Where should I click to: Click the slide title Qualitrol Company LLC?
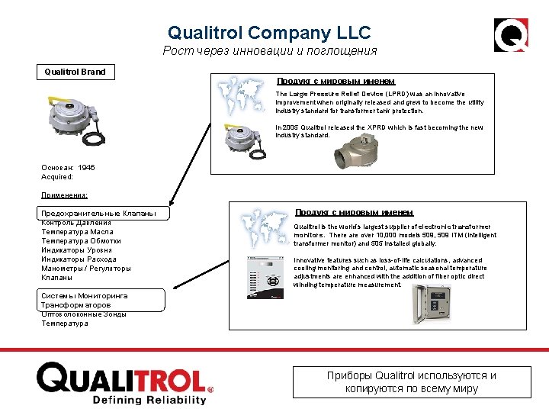(269, 33)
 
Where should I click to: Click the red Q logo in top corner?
(510, 35)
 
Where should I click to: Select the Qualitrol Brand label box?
(75, 72)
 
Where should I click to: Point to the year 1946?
(86, 167)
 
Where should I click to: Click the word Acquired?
(56, 176)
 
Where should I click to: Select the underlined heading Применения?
(65, 195)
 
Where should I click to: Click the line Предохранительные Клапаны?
(98, 214)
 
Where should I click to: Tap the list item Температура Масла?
(77, 232)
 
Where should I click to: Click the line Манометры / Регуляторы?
(86, 269)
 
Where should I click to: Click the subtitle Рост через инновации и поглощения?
(269, 51)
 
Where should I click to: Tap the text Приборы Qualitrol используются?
(411, 375)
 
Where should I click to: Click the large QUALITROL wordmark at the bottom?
(121, 378)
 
